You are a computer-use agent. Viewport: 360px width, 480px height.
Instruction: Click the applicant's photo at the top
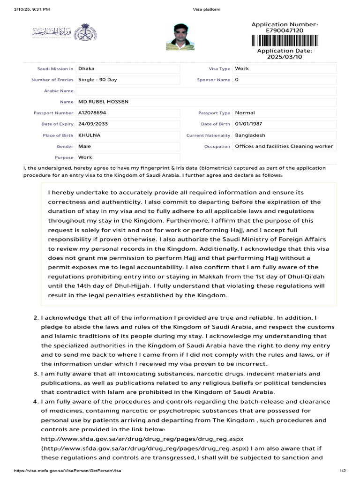pos(180,37)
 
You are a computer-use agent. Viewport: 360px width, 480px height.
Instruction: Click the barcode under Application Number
pos(285,41)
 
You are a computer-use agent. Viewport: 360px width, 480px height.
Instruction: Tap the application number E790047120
pos(285,30)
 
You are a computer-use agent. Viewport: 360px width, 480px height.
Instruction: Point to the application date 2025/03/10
pos(285,56)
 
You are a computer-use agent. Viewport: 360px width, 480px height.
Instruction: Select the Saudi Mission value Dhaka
pos(86,68)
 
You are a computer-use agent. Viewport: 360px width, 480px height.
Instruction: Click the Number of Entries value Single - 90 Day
pos(97,80)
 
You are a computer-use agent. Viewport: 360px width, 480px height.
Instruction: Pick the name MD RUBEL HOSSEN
pos(104,102)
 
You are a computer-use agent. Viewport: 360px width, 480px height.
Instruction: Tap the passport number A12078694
pos(92,113)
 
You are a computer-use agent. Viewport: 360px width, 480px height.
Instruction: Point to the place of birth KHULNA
pos(89,135)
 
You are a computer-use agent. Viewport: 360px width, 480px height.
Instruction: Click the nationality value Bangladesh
pos(250,135)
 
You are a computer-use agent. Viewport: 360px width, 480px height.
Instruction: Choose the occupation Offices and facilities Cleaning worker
pos(284,146)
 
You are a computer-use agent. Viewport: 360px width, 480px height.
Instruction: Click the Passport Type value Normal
pos(245,113)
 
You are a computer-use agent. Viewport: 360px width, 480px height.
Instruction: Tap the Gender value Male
pos(85,146)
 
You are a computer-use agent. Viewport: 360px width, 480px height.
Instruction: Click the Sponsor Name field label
pos(213,80)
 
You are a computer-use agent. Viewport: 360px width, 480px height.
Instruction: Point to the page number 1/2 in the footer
pos(342,471)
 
